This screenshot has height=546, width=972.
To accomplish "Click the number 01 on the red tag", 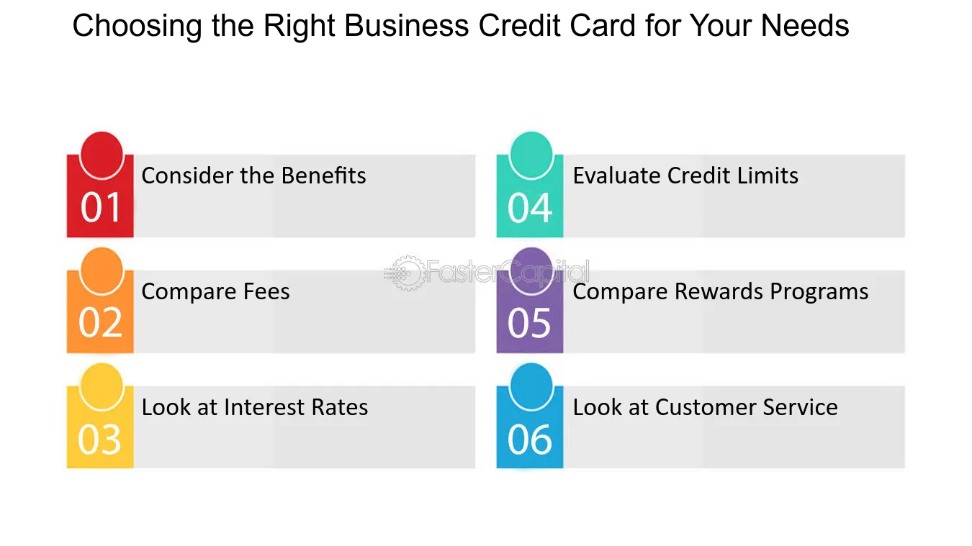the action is coord(100,207).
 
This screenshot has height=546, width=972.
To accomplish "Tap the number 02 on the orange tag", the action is coord(100,323).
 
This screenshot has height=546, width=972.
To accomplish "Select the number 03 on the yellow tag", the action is coord(99,440).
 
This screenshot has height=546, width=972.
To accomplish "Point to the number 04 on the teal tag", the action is coord(530,208).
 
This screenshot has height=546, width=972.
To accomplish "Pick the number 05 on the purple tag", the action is coord(529,323).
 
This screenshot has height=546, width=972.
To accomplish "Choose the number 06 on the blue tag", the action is coord(530,440).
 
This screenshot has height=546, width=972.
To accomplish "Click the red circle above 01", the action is coord(102,155).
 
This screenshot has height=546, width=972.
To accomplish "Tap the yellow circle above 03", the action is coord(102,386).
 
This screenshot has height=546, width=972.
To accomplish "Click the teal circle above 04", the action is coord(531,155).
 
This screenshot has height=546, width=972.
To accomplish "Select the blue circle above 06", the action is coord(531,386).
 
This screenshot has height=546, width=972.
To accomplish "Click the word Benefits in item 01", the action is coord(324,176).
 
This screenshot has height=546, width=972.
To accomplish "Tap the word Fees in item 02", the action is coord(266,291).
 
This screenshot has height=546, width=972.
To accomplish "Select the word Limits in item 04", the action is coord(768,176).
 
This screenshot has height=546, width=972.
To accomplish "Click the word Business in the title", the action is coord(407,26).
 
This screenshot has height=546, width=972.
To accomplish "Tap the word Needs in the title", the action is coord(805,26).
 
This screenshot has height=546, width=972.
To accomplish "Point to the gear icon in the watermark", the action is coord(406,273).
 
